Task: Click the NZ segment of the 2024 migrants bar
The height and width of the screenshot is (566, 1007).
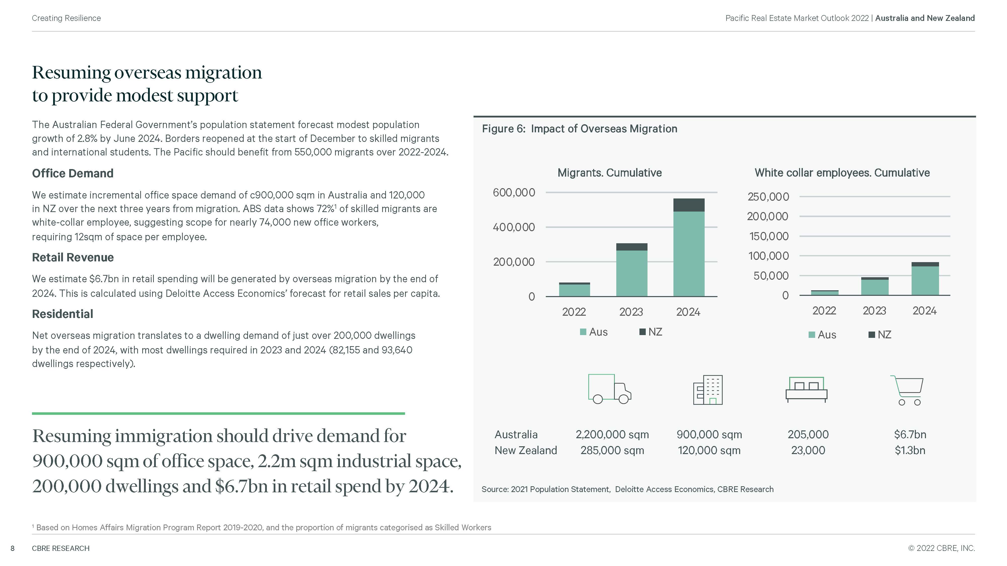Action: coord(689,205)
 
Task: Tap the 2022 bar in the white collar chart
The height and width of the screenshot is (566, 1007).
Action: coord(824,293)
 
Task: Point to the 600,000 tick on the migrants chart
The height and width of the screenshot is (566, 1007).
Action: coord(514,193)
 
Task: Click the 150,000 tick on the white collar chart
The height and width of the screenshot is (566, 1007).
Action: coord(769,236)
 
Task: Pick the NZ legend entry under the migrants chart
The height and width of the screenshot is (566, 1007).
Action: coord(651,332)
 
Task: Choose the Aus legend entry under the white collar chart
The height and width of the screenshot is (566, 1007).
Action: coord(822,335)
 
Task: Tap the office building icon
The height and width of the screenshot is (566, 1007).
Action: coord(708,390)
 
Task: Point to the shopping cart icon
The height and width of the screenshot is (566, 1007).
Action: coord(907,390)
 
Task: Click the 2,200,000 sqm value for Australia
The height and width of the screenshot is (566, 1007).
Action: coord(612,435)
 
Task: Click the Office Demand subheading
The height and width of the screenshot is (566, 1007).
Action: coord(73,173)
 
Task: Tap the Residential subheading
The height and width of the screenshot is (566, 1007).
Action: coord(62,314)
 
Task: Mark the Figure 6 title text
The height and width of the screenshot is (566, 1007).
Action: coord(579,129)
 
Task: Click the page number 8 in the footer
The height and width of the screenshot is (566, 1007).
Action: coord(13,548)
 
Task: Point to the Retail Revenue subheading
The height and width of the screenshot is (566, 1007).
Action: coord(73,257)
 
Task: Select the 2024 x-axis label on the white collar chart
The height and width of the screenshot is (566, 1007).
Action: coord(924,311)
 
